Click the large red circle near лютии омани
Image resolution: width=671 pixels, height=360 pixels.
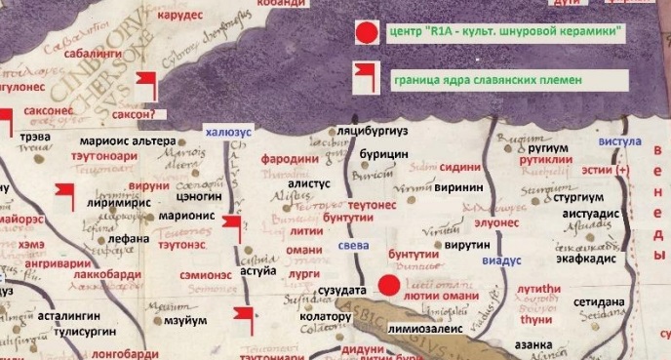tap(389, 286)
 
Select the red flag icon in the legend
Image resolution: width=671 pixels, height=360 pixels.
tap(365, 73)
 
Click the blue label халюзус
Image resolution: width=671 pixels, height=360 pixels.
tap(227, 131)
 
